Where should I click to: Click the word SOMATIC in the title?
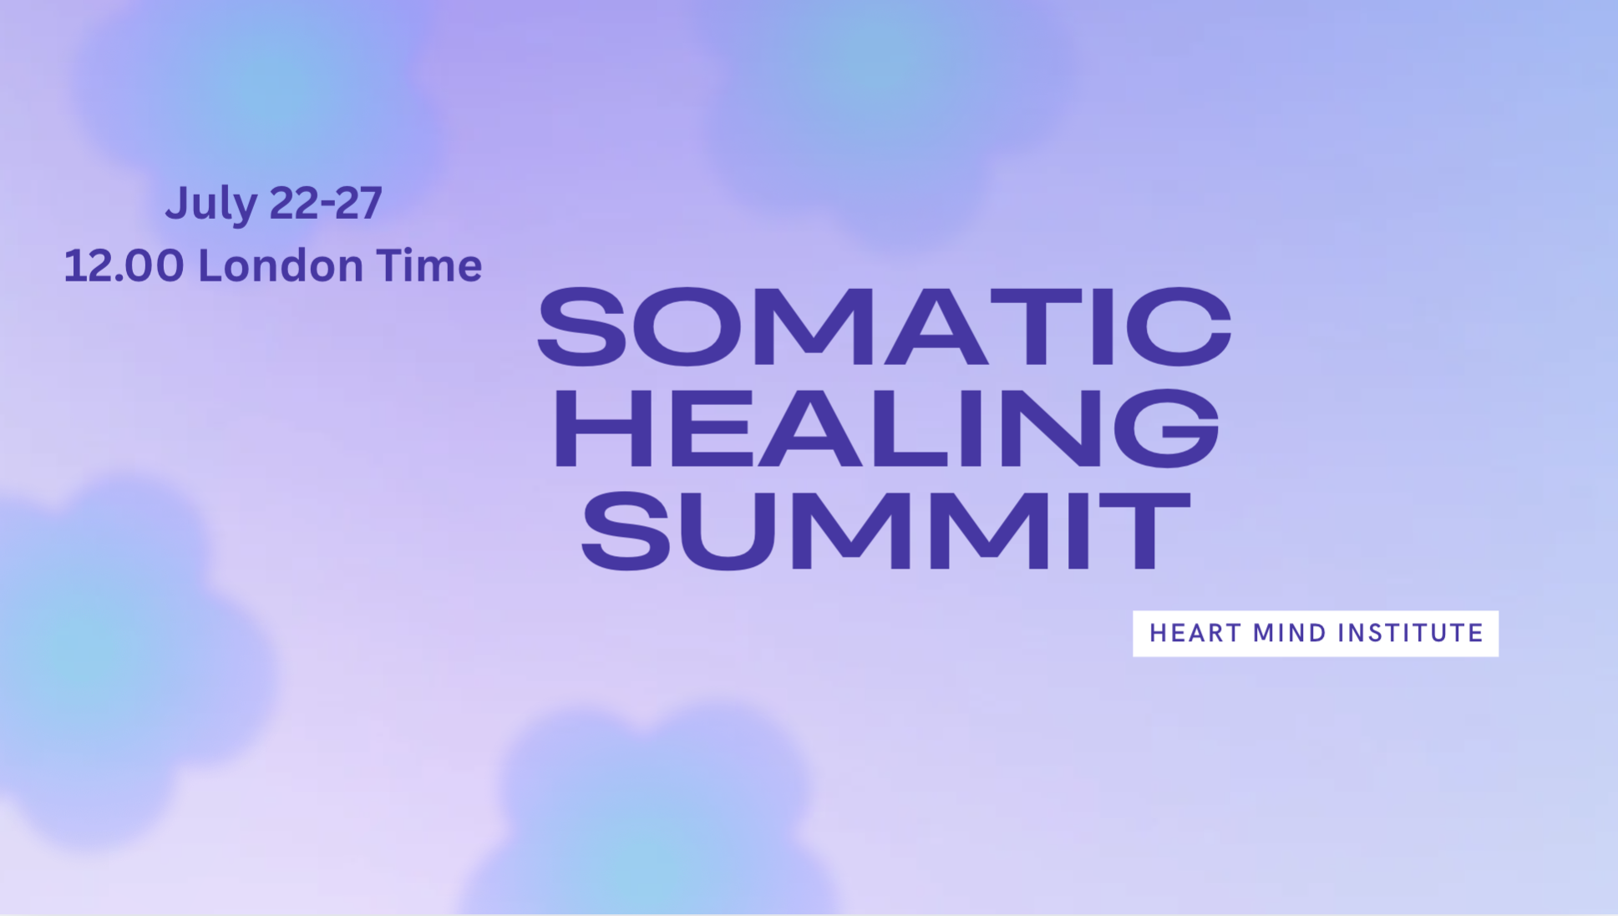[x=885, y=326]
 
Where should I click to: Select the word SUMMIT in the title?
[x=885, y=531]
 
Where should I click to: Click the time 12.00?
[x=124, y=266]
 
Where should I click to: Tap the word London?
[x=281, y=266]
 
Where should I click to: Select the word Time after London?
[x=429, y=266]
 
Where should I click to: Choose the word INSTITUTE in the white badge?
[x=1411, y=633]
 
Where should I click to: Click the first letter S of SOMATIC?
[x=581, y=326]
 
